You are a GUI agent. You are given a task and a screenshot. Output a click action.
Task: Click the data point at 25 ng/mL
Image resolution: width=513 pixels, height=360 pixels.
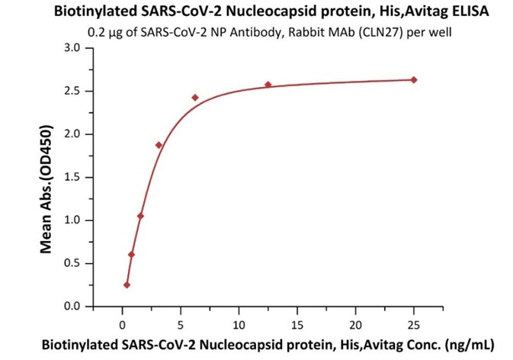tap(414, 79)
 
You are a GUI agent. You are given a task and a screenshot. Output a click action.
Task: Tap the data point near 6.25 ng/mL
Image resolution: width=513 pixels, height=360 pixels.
tap(195, 98)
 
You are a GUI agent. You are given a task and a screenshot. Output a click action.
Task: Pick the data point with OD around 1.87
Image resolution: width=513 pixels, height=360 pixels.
tap(159, 145)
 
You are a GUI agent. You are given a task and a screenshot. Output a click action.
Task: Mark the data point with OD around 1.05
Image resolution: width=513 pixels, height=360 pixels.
tap(140, 216)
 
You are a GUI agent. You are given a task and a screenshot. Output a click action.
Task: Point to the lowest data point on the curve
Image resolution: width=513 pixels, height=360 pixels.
tap(127, 284)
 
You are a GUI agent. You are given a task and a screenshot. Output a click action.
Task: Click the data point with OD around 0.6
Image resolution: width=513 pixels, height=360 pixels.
tap(131, 255)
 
